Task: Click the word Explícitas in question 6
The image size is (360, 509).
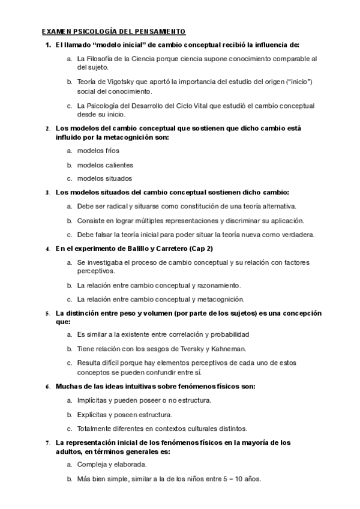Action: [x=92, y=414]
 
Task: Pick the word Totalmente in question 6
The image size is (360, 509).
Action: [x=95, y=428]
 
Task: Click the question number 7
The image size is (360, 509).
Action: [x=48, y=443]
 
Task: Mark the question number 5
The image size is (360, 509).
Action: [x=48, y=313]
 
